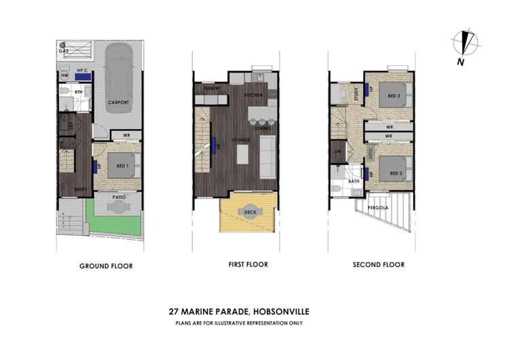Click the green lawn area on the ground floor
[x=115, y=225]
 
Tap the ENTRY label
[x=80, y=190]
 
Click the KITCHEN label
[x=255, y=96]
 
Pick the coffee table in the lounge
[x=242, y=155]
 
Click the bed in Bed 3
[x=392, y=95]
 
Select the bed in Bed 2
[x=392, y=168]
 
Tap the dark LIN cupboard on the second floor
[x=337, y=151]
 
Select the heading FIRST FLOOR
[x=248, y=264]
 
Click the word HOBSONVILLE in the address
[x=279, y=312]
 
